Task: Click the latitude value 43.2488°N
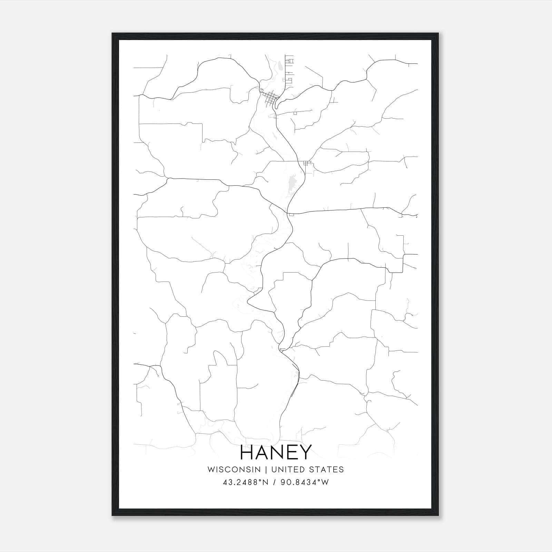click(246, 482)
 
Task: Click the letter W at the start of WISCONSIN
click(210, 470)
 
